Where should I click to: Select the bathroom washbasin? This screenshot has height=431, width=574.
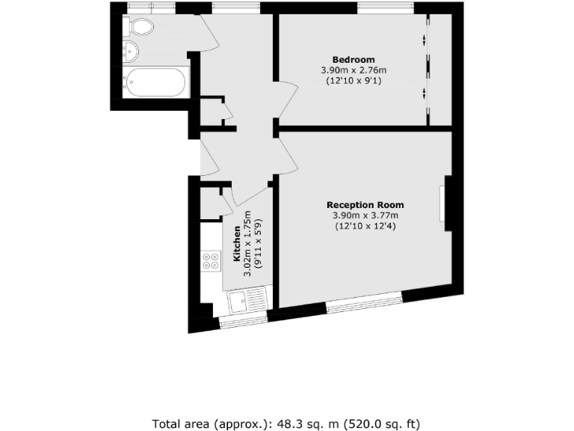click(x=131, y=52)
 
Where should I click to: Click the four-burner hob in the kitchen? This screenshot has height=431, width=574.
click(x=211, y=261)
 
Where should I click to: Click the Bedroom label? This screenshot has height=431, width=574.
click(x=354, y=60)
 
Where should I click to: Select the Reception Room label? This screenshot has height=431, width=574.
click(x=365, y=205)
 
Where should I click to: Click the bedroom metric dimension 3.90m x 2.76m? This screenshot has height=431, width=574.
click(x=354, y=70)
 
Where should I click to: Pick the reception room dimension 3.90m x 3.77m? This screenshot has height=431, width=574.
click(x=365, y=215)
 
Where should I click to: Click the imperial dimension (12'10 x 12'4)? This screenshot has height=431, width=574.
click(x=365, y=226)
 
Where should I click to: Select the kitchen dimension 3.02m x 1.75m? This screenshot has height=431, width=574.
click(x=248, y=246)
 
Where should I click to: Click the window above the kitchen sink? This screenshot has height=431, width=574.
click(x=243, y=322)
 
